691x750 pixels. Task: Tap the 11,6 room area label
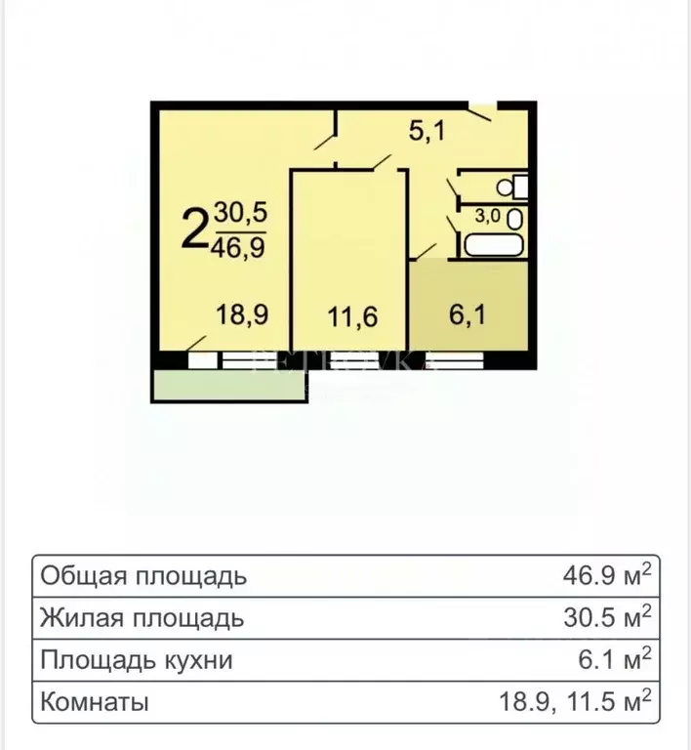pos(350,316)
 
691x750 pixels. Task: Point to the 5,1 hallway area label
pos(427,131)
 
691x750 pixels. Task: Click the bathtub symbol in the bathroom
pos(496,242)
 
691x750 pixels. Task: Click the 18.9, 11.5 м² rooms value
pos(572,701)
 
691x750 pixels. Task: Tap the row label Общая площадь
pos(143,576)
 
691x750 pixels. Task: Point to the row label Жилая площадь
pos(142,618)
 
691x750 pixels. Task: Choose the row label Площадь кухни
pos(137,660)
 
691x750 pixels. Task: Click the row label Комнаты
pos(95,702)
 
